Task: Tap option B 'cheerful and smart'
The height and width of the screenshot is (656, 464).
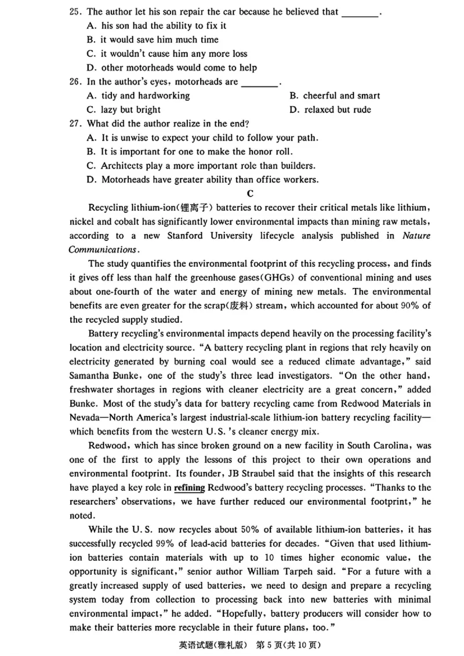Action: [x=334, y=96]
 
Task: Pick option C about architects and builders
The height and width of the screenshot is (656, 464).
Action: [x=200, y=166]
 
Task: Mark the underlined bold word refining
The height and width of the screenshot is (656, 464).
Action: [x=189, y=487]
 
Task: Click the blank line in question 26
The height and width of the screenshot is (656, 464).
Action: [x=259, y=82]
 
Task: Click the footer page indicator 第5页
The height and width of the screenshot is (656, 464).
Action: [x=275, y=644]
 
